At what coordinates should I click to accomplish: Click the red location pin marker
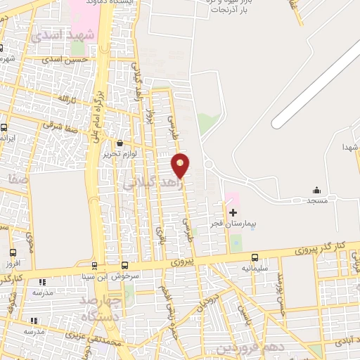pyautogui.click(x=181, y=165)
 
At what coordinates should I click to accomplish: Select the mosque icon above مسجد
pyautogui.click(x=316, y=190)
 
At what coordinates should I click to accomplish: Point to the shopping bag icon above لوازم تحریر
pyautogui.click(x=127, y=143)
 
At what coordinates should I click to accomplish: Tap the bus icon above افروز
pyautogui.click(x=13, y=253)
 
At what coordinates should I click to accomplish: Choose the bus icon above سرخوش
pyautogui.click(x=124, y=266)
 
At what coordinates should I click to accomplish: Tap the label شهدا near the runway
pyautogui.click(x=350, y=148)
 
